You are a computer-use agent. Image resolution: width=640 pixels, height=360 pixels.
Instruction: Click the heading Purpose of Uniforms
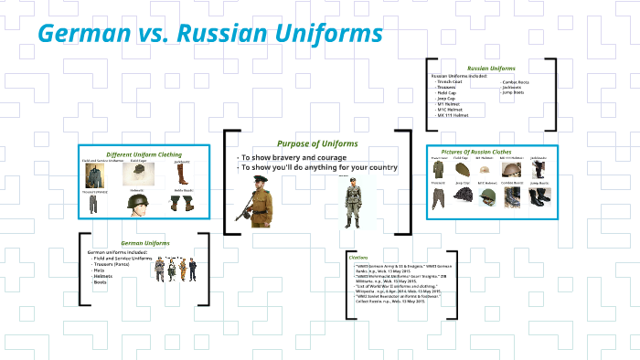tap(317, 143)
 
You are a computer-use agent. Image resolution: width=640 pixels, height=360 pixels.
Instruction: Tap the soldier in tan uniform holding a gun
tap(256, 201)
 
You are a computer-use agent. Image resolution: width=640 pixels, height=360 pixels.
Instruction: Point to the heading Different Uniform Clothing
tap(144, 154)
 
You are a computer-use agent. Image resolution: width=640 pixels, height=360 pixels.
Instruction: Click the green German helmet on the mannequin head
tap(138, 206)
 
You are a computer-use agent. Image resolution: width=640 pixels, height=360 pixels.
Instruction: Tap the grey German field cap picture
tap(138, 170)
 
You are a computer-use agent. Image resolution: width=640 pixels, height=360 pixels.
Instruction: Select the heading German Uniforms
tap(145, 243)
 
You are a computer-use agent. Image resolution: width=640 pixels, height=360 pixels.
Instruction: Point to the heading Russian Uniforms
tap(490, 68)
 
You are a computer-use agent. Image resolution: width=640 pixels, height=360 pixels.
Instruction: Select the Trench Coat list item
tap(449, 82)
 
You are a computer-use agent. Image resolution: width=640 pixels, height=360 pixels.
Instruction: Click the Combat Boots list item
tap(516, 82)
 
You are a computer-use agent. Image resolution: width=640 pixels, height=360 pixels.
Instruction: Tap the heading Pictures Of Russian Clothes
tap(489, 152)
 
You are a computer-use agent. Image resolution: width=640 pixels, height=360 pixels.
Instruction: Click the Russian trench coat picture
tap(440, 170)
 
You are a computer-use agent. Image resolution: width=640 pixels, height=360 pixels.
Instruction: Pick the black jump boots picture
tap(539, 196)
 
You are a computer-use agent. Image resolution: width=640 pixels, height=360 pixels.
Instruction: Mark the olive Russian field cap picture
tap(462, 170)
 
